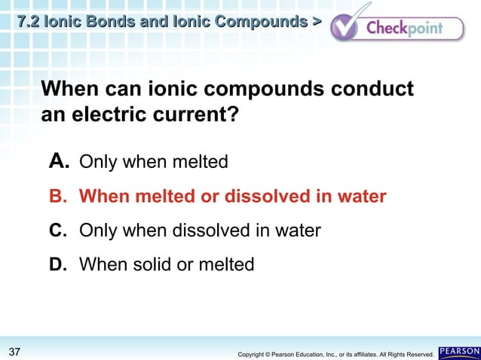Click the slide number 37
(x=14, y=352)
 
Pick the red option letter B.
(x=58, y=197)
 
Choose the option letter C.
(x=58, y=230)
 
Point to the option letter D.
(x=58, y=264)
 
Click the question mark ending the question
(x=244, y=117)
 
